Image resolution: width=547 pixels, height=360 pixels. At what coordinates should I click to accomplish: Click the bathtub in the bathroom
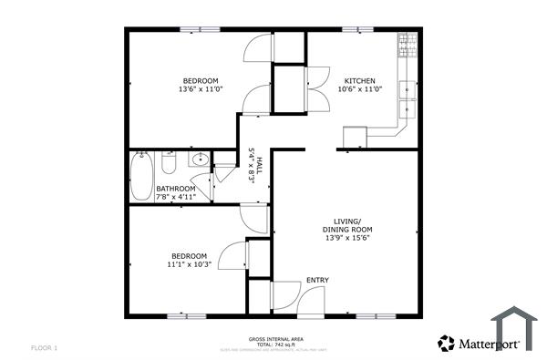(x=141, y=178)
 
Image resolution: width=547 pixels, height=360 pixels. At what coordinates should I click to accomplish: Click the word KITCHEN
(x=357, y=79)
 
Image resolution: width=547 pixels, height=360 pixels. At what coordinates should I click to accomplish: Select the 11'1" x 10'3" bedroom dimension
(x=190, y=264)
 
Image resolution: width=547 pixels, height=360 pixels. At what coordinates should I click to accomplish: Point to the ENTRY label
(x=317, y=280)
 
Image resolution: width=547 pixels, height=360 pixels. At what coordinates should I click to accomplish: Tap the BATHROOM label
(x=175, y=189)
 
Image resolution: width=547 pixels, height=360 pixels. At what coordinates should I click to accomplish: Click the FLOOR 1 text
(x=44, y=347)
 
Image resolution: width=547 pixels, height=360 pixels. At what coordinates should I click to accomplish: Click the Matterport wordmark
(x=489, y=344)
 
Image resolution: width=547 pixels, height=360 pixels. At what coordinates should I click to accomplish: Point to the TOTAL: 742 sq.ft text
(x=273, y=345)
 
